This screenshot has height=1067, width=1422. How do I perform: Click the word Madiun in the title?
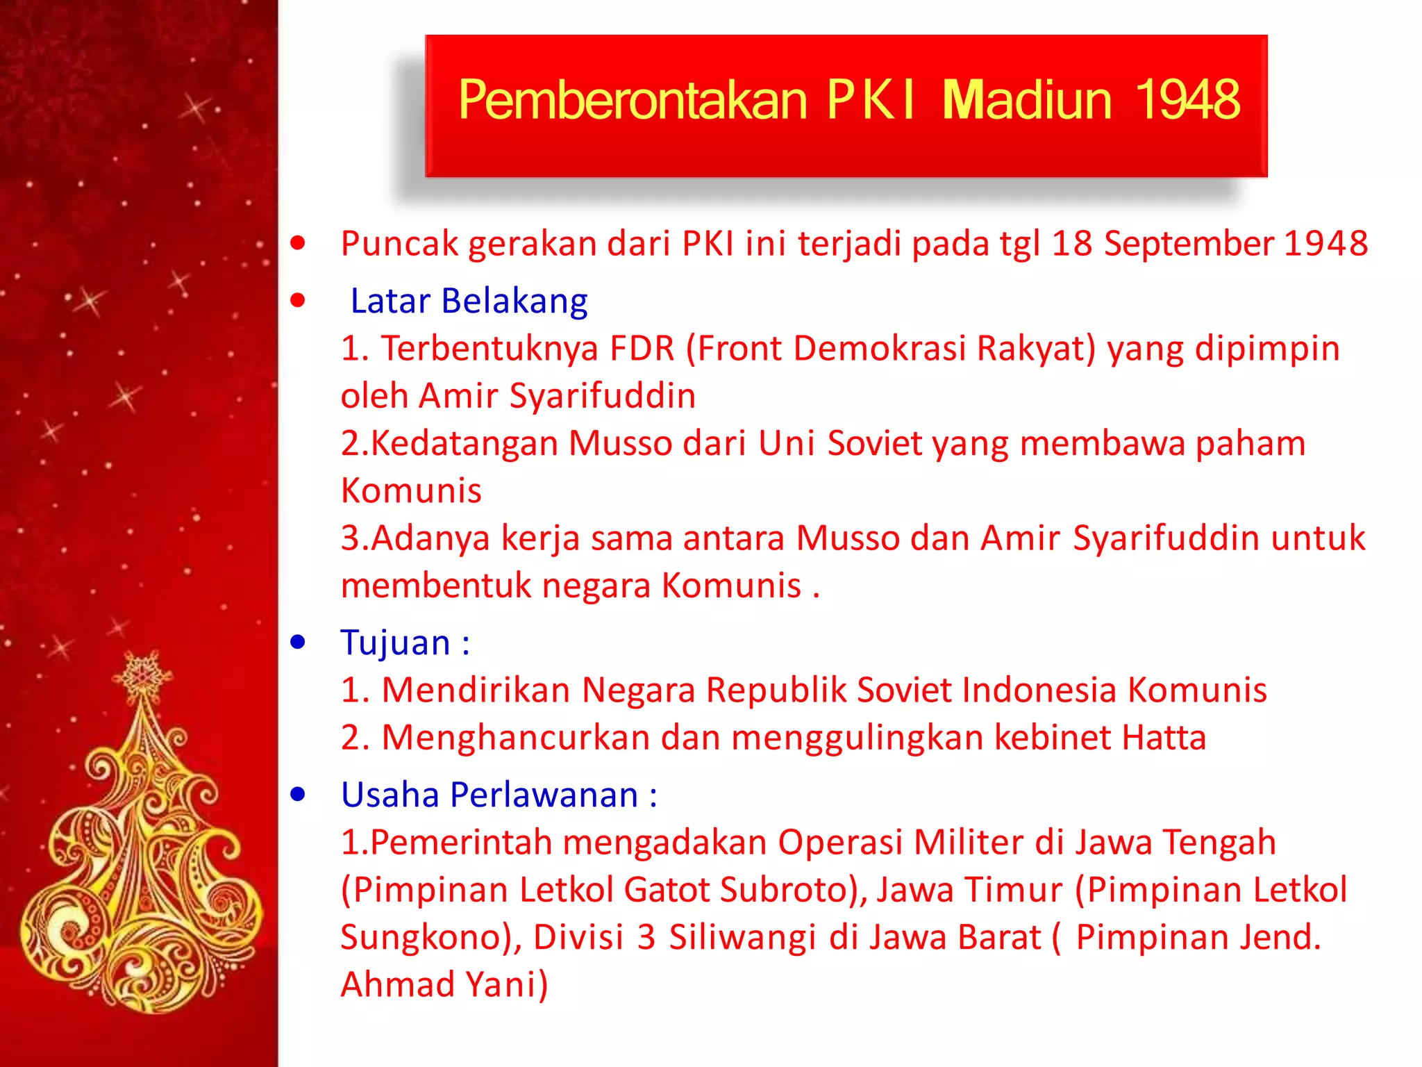[x=1027, y=101]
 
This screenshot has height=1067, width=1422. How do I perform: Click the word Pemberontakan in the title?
[x=632, y=101]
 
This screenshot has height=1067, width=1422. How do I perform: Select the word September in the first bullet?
[x=1189, y=245]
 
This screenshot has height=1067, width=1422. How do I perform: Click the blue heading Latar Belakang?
[x=469, y=301]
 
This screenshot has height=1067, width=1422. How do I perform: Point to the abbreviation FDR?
[x=642, y=349]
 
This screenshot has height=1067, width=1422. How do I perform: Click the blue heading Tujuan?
[x=395, y=643]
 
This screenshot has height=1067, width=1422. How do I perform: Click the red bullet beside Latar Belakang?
[x=298, y=301]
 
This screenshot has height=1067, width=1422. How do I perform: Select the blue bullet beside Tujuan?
[x=298, y=643]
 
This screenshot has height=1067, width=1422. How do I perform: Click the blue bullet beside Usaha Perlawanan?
[x=298, y=795]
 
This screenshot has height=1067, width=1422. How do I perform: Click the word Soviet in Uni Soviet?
[x=874, y=444]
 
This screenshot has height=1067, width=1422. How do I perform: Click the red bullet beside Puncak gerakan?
[x=298, y=243]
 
